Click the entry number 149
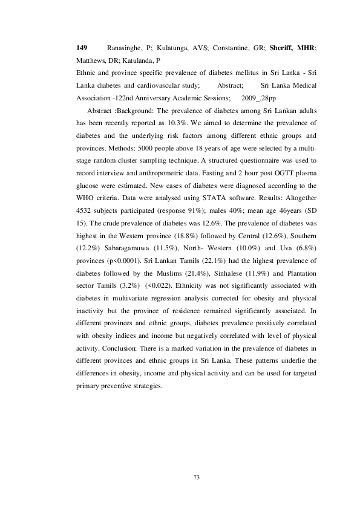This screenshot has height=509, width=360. (x=82, y=47)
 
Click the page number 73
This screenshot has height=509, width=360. (x=196, y=478)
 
